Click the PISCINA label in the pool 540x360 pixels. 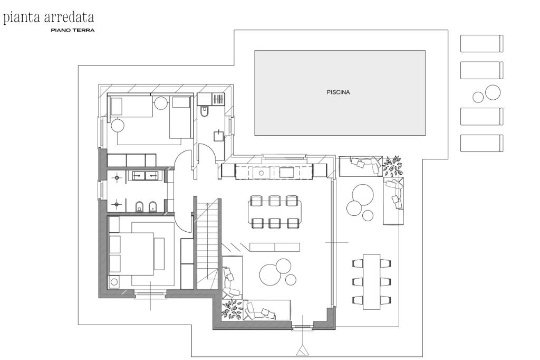[x=338, y=92]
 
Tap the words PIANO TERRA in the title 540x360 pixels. [x=73, y=30]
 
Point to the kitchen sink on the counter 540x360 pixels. [x=262, y=173]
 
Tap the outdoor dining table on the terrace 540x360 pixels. [x=372, y=281]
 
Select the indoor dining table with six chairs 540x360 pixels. [x=274, y=212]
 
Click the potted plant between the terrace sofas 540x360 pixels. [x=392, y=166]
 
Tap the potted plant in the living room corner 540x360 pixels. [x=232, y=309]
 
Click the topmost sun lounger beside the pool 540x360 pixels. [x=482, y=43]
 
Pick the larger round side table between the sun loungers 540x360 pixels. [x=493, y=92]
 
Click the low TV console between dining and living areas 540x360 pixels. [x=274, y=247]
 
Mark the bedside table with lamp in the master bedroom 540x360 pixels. [x=114, y=282]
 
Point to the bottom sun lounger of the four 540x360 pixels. [x=482, y=143]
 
